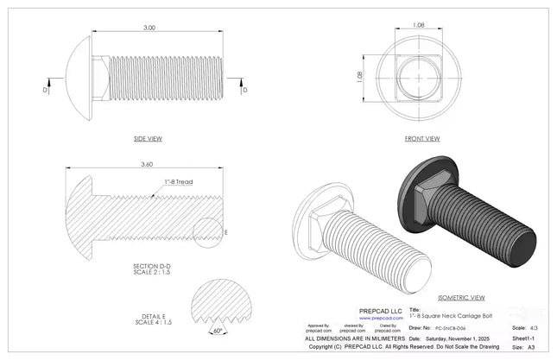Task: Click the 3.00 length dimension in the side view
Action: (x=149, y=28)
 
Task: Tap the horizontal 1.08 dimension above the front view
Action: (x=419, y=25)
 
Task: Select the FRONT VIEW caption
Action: (x=422, y=139)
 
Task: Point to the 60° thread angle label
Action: (x=218, y=331)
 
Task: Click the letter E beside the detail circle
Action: (x=225, y=233)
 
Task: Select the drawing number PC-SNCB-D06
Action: (x=446, y=329)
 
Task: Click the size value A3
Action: (x=530, y=347)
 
